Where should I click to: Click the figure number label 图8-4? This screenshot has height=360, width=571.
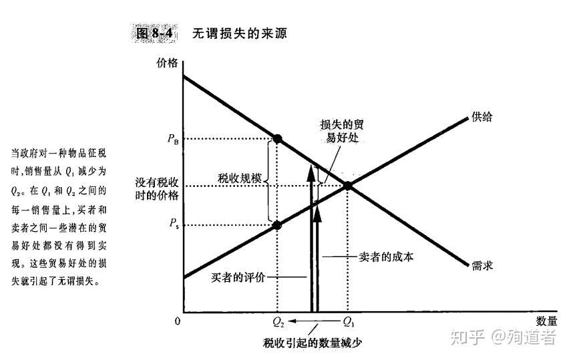[x=154, y=33]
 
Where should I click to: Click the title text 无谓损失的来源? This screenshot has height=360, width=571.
[x=240, y=33]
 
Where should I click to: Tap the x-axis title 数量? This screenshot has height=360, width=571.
[x=546, y=321]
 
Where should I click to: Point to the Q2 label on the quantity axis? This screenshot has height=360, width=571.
[x=278, y=322]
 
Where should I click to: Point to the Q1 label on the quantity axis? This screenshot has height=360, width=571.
[x=348, y=322]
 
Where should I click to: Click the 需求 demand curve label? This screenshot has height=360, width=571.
[x=482, y=264]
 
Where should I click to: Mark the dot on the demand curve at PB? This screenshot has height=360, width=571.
[x=278, y=139]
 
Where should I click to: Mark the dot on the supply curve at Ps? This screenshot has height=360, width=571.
[x=278, y=225]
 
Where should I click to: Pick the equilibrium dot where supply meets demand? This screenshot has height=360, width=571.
[x=348, y=185]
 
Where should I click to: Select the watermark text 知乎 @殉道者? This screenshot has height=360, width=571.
[x=502, y=337]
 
